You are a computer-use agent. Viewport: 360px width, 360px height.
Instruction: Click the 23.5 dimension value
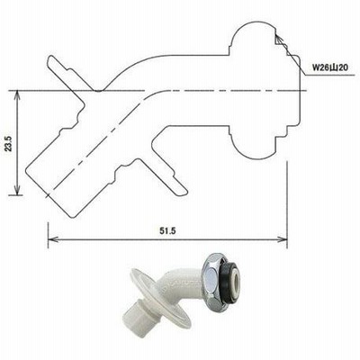(x=9, y=143)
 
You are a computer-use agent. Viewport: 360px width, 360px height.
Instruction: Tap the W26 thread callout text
(x=330, y=67)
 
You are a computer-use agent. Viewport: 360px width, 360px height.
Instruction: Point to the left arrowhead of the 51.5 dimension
(x=53, y=239)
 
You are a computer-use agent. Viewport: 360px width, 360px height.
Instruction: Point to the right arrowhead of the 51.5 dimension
(x=282, y=239)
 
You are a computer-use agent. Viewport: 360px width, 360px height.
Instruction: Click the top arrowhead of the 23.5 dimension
(x=18, y=96)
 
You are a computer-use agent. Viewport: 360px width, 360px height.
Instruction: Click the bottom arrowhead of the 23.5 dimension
(x=18, y=190)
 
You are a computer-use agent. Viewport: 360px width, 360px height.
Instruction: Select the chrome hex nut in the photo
(x=213, y=274)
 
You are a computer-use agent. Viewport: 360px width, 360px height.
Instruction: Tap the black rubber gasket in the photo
(x=230, y=274)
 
